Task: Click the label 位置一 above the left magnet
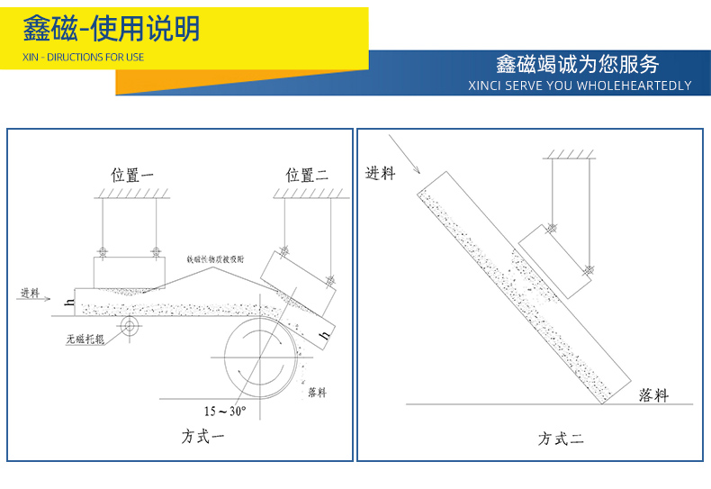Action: pos(132,176)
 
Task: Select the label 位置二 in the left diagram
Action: pos(307,175)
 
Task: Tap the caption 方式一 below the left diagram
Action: pos(202,437)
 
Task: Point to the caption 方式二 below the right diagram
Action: pos(561,439)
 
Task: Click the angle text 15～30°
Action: pos(225,411)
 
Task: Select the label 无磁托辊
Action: pos(85,340)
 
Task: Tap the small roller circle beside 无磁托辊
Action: pos(128,325)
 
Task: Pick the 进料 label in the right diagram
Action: pos(380,173)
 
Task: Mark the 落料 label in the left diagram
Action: pos(317,392)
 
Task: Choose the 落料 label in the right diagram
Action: pos(653,394)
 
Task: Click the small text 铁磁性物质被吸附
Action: pos(216,258)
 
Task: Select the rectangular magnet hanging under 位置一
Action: pos(130,271)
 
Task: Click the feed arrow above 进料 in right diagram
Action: pos(404,153)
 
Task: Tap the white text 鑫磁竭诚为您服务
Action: pos(577,64)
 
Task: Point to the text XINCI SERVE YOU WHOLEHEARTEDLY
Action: pos(580,86)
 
